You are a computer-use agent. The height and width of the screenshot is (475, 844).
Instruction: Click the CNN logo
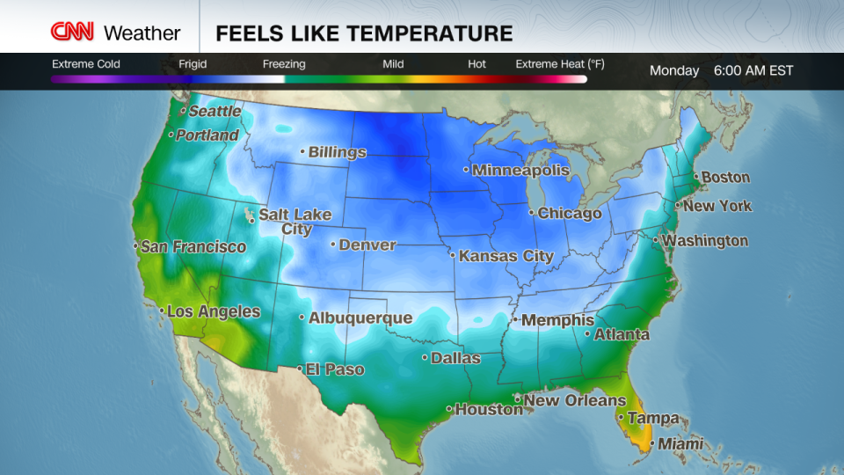coord(73,33)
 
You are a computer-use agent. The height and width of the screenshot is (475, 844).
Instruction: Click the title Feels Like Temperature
coord(364,33)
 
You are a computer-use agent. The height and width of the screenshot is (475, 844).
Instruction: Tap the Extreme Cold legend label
coord(86,64)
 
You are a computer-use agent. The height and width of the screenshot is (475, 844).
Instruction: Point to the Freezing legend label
coord(284,64)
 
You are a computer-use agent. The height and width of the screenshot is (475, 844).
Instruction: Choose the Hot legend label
coord(477,64)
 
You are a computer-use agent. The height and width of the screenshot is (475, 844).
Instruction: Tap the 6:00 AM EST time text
coord(753,70)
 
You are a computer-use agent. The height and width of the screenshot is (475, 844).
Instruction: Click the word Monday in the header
coord(674,70)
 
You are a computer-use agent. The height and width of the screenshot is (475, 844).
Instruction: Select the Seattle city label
coord(215,112)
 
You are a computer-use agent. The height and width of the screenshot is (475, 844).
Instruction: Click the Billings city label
coord(338,152)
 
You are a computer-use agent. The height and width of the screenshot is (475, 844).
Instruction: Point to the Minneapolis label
coord(520,171)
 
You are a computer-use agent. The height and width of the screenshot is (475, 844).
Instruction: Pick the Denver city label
coord(367,245)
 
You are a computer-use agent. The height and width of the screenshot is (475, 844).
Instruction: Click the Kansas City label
coord(506,257)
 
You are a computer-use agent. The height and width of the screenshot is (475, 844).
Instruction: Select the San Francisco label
coord(193,247)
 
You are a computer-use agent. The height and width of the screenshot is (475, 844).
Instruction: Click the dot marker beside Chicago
coord(531,212)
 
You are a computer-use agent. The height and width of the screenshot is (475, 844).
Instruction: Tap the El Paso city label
coord(334,370)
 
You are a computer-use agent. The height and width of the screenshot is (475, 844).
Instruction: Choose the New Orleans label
coord(575,401)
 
